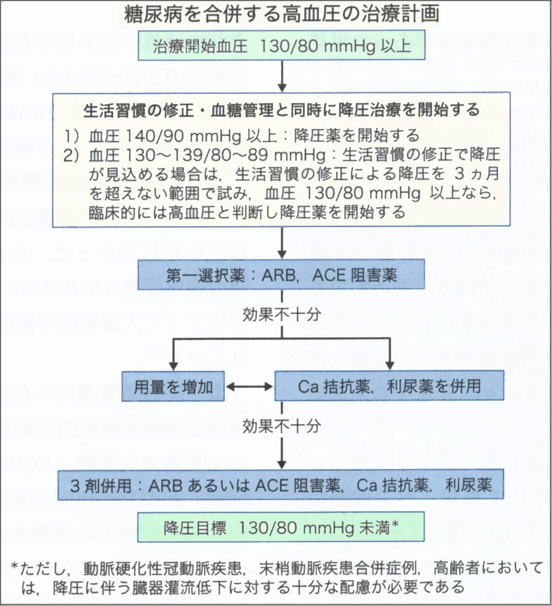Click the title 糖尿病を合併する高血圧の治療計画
281,15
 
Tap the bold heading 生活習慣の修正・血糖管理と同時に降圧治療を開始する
282,110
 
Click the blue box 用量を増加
173,386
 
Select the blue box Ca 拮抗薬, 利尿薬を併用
389,386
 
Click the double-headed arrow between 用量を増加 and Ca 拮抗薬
249,386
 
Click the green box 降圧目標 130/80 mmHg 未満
281,527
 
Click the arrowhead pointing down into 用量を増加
173,365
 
